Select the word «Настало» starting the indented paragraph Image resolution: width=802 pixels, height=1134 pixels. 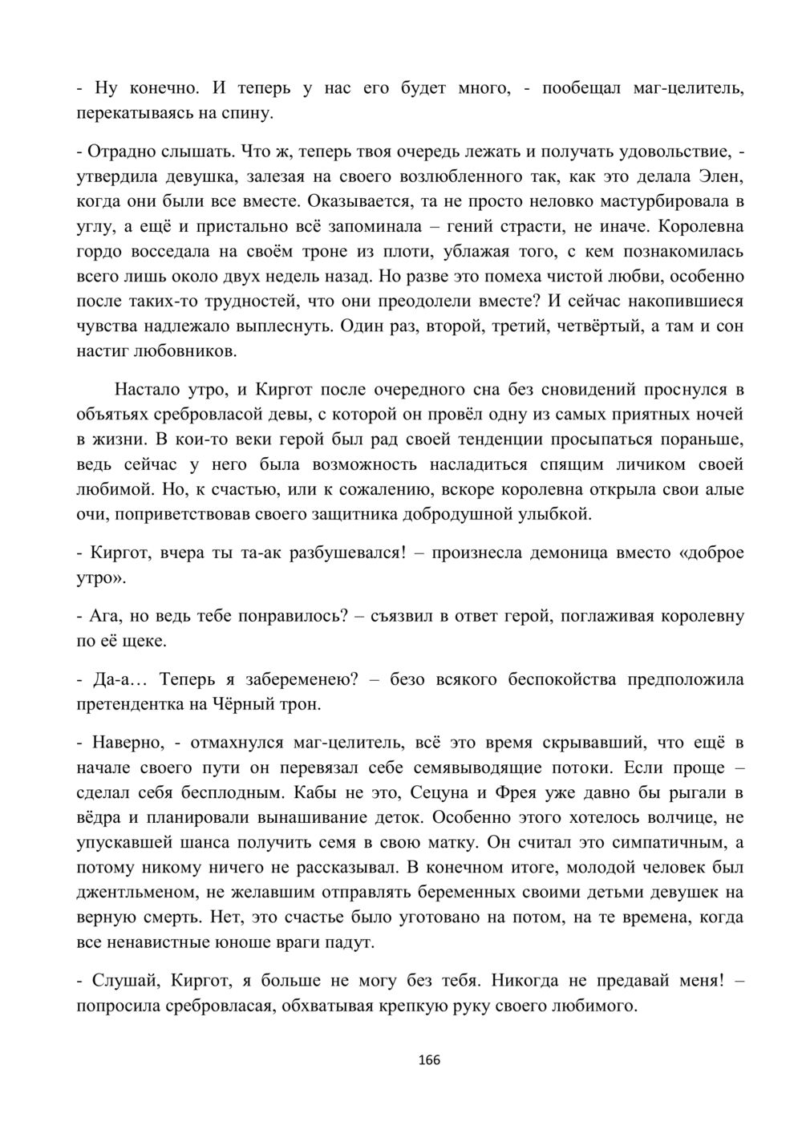pos(147,390)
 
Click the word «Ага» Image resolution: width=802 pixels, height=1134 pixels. pos(102,617)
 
